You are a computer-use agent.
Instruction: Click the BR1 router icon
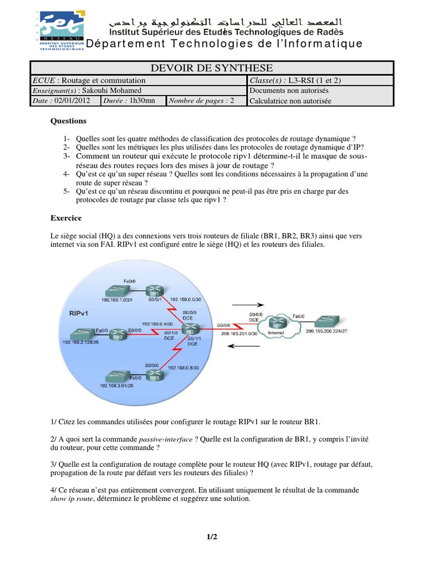point(152,292)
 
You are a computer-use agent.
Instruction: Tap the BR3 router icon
point(155,378)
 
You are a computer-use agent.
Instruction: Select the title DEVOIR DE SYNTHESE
point(211,68)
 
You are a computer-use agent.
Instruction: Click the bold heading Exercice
point(66,218)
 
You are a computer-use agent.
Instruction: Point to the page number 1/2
point(212,536)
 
